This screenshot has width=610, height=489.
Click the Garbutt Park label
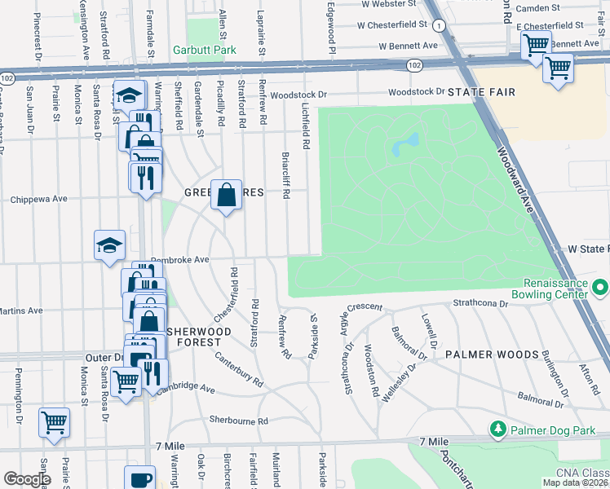204,50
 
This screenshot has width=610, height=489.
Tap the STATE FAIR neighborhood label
481,92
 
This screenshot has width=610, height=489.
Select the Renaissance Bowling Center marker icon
601,287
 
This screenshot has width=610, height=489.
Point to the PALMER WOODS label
492,355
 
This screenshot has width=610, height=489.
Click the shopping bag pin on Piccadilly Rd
227,195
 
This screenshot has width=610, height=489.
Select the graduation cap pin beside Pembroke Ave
109,244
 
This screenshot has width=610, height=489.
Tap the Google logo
26,479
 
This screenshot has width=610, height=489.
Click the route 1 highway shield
440,26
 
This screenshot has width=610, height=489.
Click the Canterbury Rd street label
239,369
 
